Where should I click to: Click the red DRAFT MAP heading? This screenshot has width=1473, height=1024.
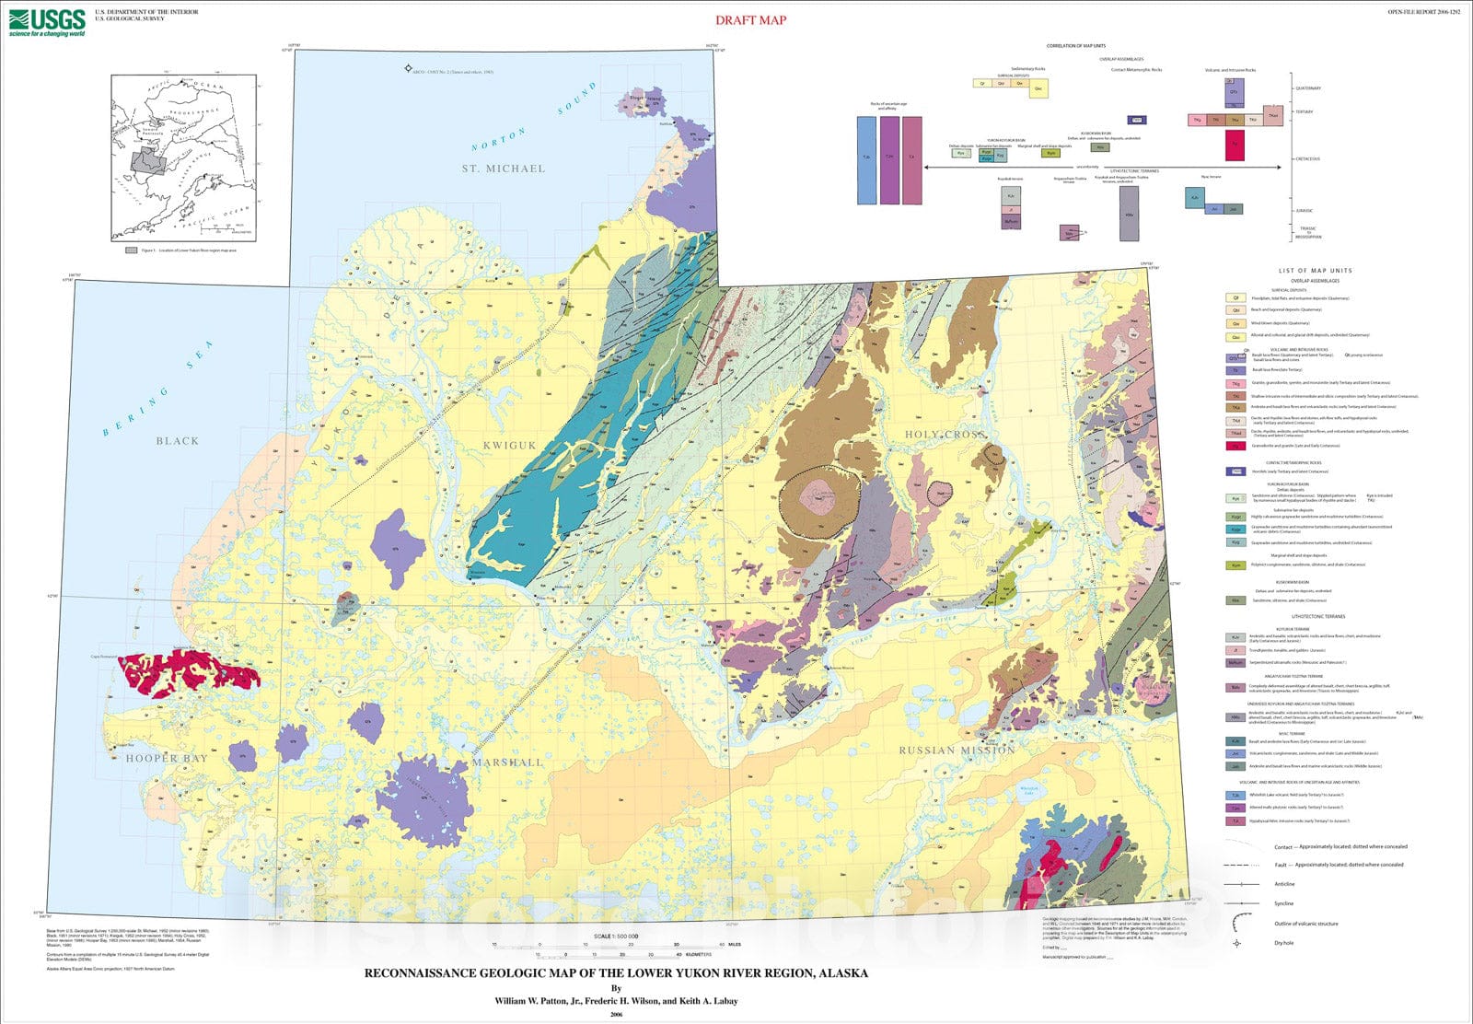coord(750,20)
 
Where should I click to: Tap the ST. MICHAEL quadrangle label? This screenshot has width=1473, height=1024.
coord(504,169)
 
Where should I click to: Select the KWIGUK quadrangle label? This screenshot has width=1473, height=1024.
coord(509,446)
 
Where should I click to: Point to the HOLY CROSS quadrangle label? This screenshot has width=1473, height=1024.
coord(944,435)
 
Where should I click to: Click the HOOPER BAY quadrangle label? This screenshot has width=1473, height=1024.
coord(167,759)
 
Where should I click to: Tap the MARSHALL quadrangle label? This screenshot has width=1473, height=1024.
coord(507,762)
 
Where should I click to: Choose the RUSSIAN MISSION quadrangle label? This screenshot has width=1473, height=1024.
coord(957,751)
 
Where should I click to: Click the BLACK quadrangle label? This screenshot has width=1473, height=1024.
coord(177,441)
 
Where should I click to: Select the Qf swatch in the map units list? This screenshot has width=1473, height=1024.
coord(1235,298)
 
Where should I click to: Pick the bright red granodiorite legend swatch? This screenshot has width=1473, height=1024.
coord(1235,446)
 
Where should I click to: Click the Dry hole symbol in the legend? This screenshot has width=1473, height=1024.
coord(1236,943)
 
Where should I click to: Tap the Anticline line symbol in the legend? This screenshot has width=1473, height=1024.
coord(1241,884)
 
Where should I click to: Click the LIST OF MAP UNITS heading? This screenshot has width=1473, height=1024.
coord(1315,271)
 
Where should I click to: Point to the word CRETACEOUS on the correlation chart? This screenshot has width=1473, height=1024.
coord(1307,158)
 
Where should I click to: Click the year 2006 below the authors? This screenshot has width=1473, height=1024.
coord(616,1015)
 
